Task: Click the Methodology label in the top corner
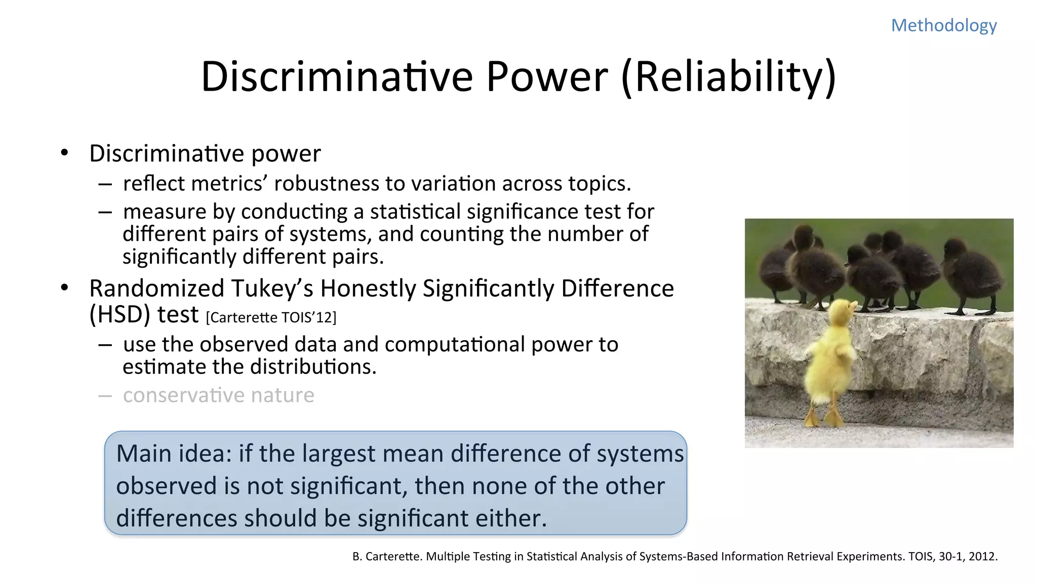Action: click(x=944, y=25)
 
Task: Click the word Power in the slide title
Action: click(x=547, y=77)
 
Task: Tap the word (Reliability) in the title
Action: click(x=729, y=77)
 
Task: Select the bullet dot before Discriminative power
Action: click(x=64, y=152)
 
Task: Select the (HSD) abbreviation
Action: click(x=119, y=315)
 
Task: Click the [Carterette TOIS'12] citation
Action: click(x=271, y=318)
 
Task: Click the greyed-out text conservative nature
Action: click(x=218, y=395)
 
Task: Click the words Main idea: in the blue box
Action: click(x=174, y=453)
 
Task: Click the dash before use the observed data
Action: click(x=105, y=345)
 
